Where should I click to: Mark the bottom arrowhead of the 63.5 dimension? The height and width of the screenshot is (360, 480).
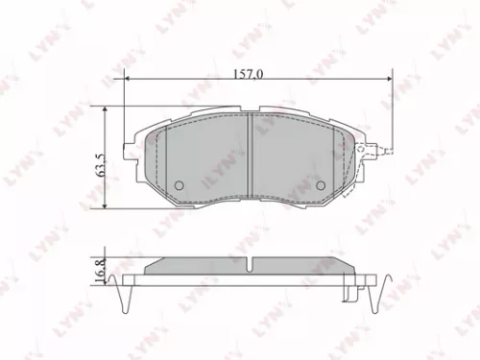[105, 205]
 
